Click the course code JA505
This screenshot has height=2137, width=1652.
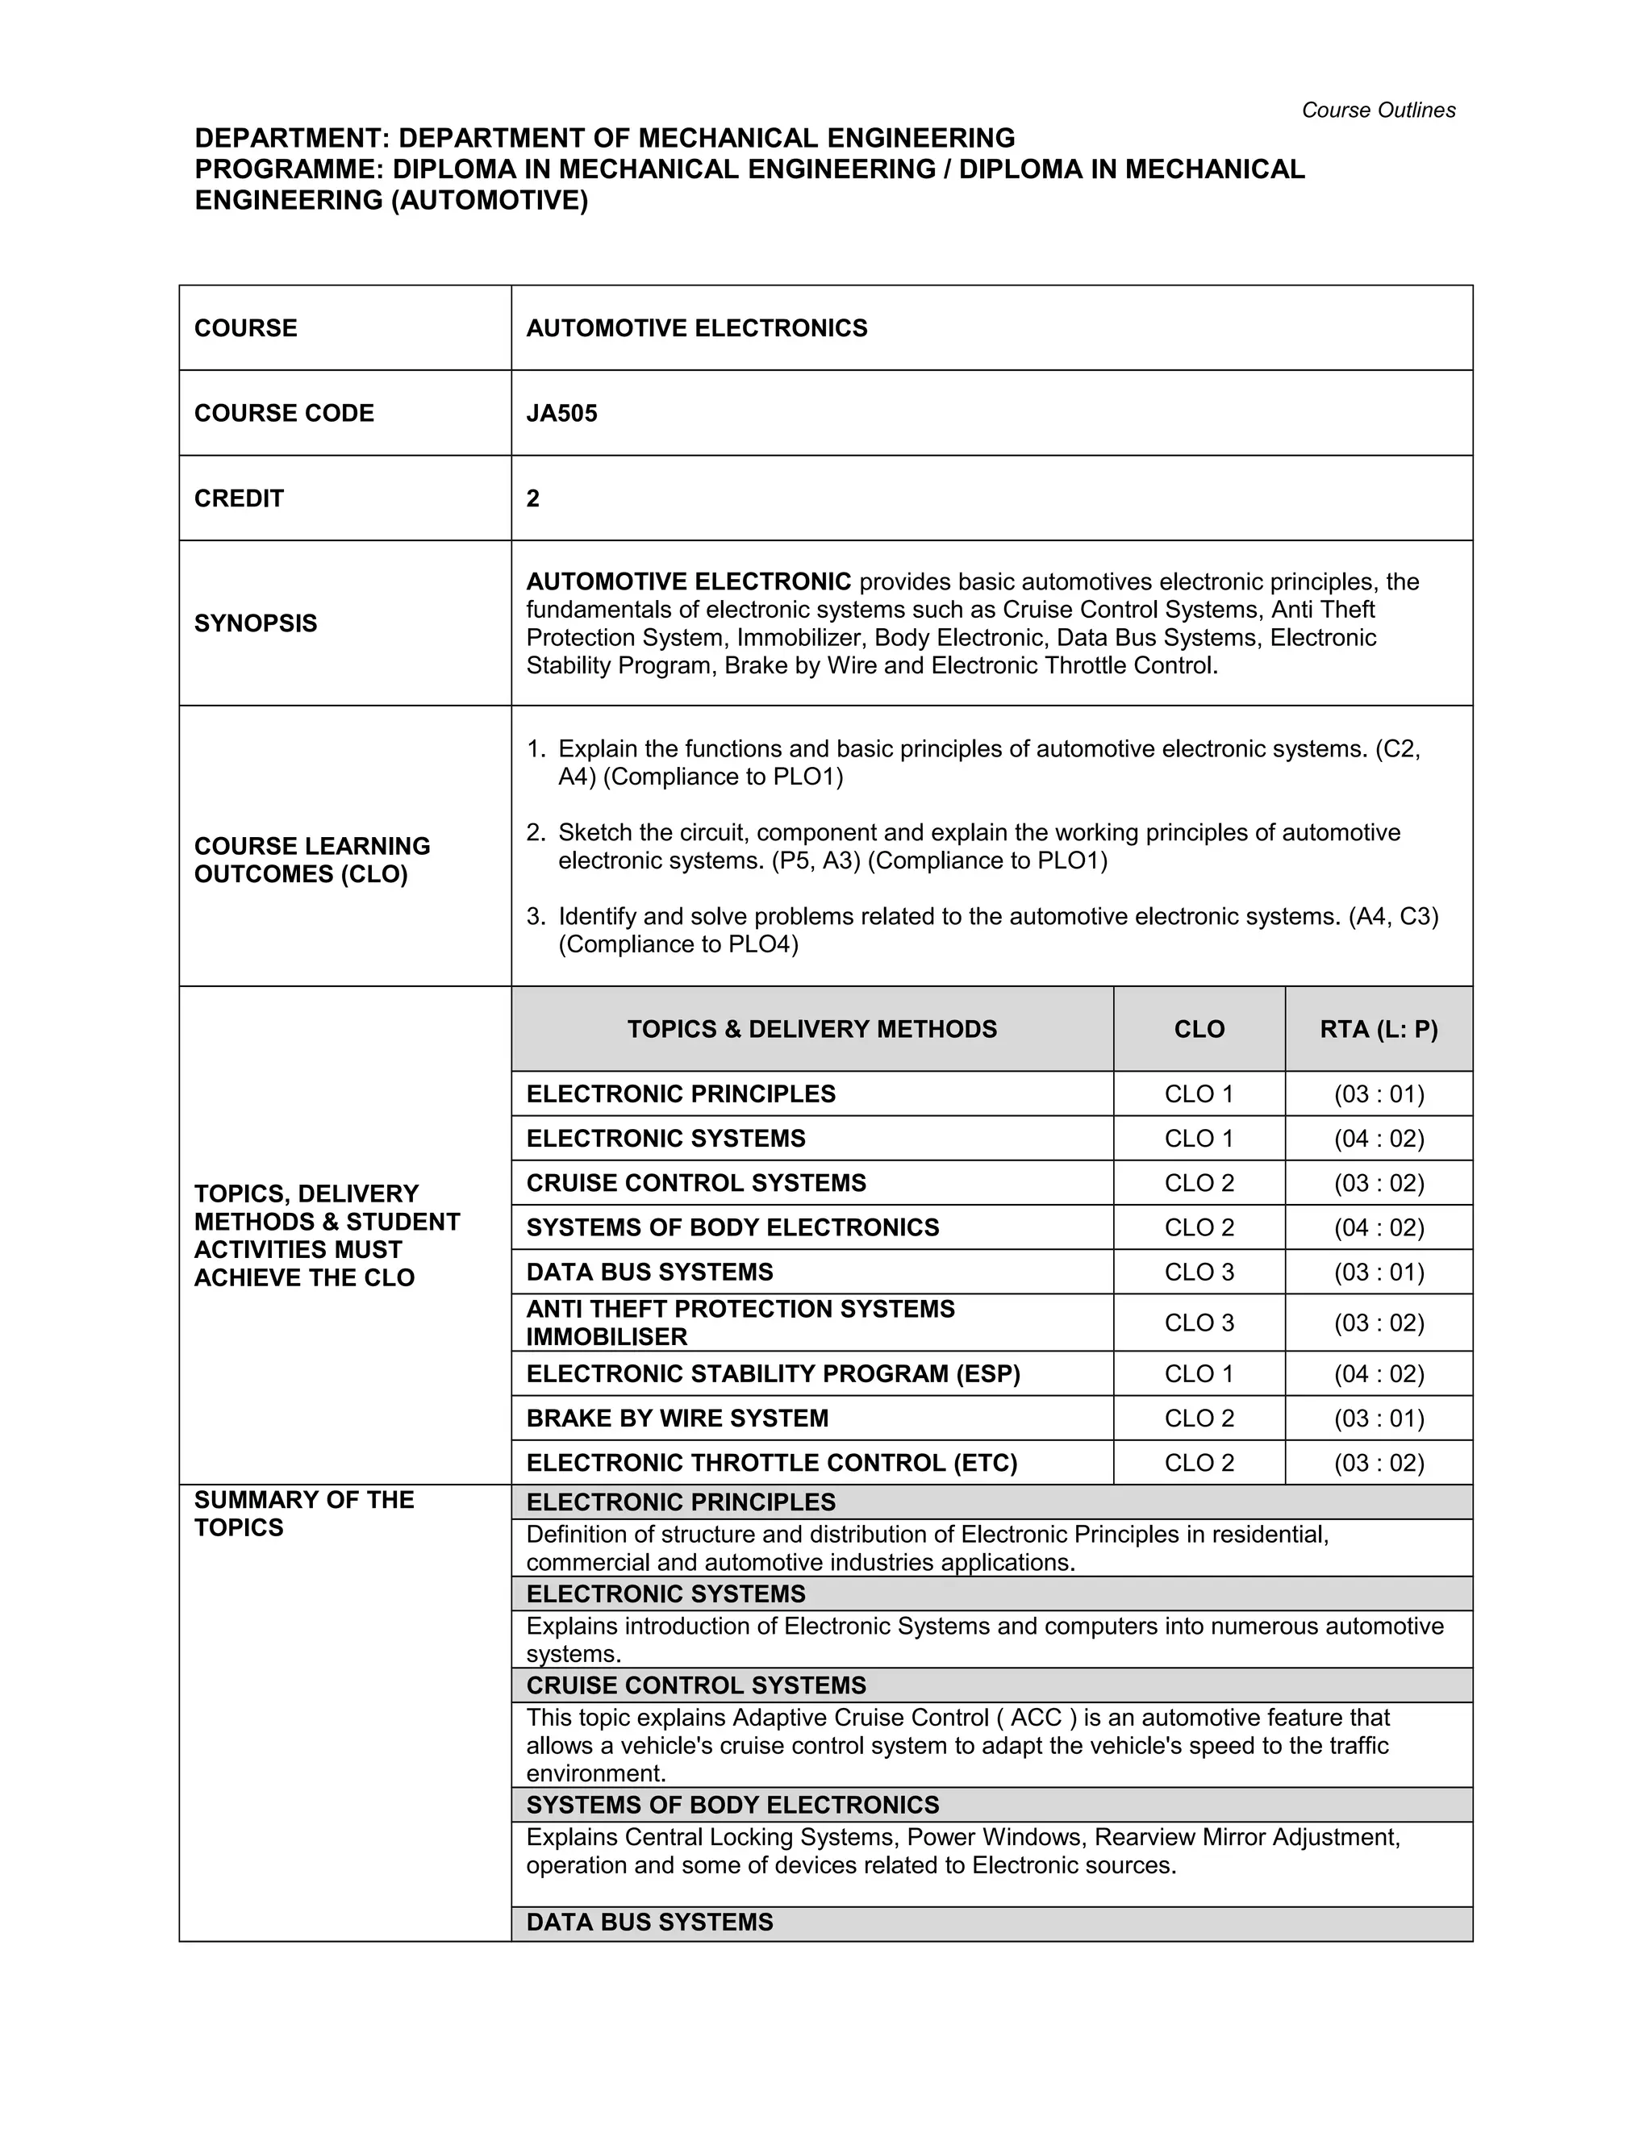pos(561,413)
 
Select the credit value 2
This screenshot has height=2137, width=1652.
pos(533,498)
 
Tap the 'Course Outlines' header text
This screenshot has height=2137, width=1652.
pos(1377,110)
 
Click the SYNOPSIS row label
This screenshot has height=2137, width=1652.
pos(256,623)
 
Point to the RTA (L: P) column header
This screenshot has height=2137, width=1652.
pos(1378,1029)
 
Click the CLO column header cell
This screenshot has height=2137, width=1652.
pos(1199,1029)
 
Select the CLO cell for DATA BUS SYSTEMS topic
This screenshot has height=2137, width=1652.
pos(1199,1272)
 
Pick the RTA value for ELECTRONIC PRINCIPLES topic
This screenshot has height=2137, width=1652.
pos(1378,1094)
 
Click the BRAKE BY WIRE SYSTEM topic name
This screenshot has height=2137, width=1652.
pos(678,1418)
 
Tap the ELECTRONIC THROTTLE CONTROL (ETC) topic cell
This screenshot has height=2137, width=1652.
pos(771,1463)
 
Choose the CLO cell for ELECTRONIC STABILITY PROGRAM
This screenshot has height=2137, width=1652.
pos(1199,1374)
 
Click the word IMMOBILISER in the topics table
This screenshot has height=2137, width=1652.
pos(607,1336)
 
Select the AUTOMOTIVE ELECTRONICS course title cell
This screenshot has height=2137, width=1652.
pos(697,327)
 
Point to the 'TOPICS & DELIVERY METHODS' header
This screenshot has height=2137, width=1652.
pos(811,1029)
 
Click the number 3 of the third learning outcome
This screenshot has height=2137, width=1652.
pos(533,917)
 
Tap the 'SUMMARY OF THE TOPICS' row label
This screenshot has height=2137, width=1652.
pos(303,1514)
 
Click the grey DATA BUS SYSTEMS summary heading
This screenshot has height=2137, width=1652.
pos(650,1922)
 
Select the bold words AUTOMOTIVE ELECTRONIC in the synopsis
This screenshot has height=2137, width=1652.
pos(688,582)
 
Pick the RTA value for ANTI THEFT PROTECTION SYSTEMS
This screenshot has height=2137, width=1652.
pos(1378,1323)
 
